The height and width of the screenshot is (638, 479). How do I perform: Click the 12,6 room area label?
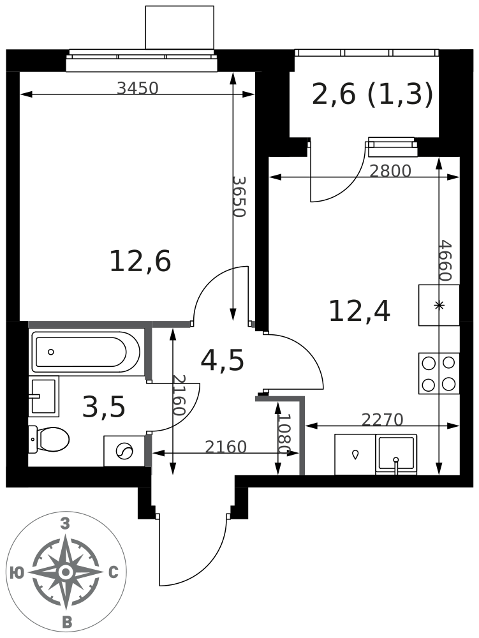pos(140,261)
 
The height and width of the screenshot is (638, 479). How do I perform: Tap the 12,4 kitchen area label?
pos(360,311)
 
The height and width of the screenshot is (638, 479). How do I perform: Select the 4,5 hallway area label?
pos(223,360)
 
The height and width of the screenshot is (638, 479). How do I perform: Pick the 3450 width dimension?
pos(137,88)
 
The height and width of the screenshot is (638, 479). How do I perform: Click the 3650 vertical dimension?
pos(240,197)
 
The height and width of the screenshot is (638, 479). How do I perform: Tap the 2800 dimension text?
pos(390,171)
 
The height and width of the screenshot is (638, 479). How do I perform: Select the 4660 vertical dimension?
pos(446,260)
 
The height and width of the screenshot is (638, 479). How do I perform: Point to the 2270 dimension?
pos(382,420)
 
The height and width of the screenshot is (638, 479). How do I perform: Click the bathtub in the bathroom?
pos(86,352)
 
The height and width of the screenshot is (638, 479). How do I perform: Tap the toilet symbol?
pos(49,439)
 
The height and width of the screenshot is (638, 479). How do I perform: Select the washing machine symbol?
pos(124,451)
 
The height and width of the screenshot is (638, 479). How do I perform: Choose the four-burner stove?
pos(439,373)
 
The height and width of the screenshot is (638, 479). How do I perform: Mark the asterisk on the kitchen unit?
pos(439,305)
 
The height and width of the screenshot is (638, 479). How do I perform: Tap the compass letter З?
pos(65,524)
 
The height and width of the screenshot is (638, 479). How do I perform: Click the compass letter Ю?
pos(17,573)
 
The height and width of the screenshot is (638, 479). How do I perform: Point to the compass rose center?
pos(65,572)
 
